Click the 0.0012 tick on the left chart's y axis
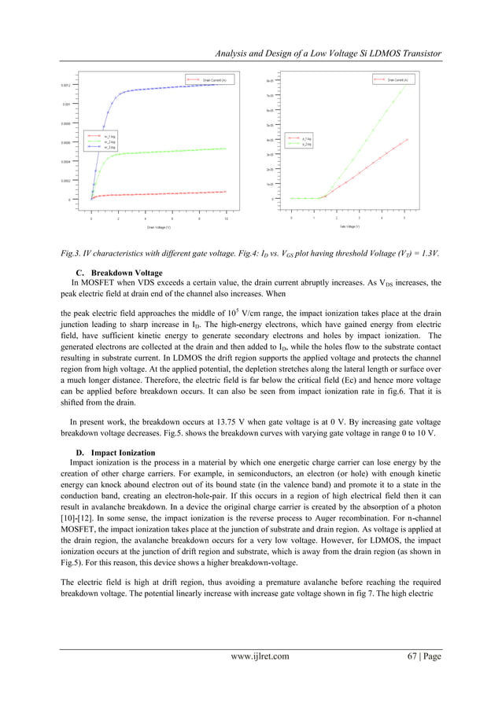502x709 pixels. [x=65, y=84]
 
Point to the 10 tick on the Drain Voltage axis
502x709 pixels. [x=227, y=219]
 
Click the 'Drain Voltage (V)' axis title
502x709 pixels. [x=158, y=227]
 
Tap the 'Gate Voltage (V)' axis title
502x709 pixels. [x=349, y=226]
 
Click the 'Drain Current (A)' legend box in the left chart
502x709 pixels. [x=207, y=79]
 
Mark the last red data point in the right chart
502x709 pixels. [x=407, y=139]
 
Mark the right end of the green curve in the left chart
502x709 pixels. [x=227, y=149]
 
